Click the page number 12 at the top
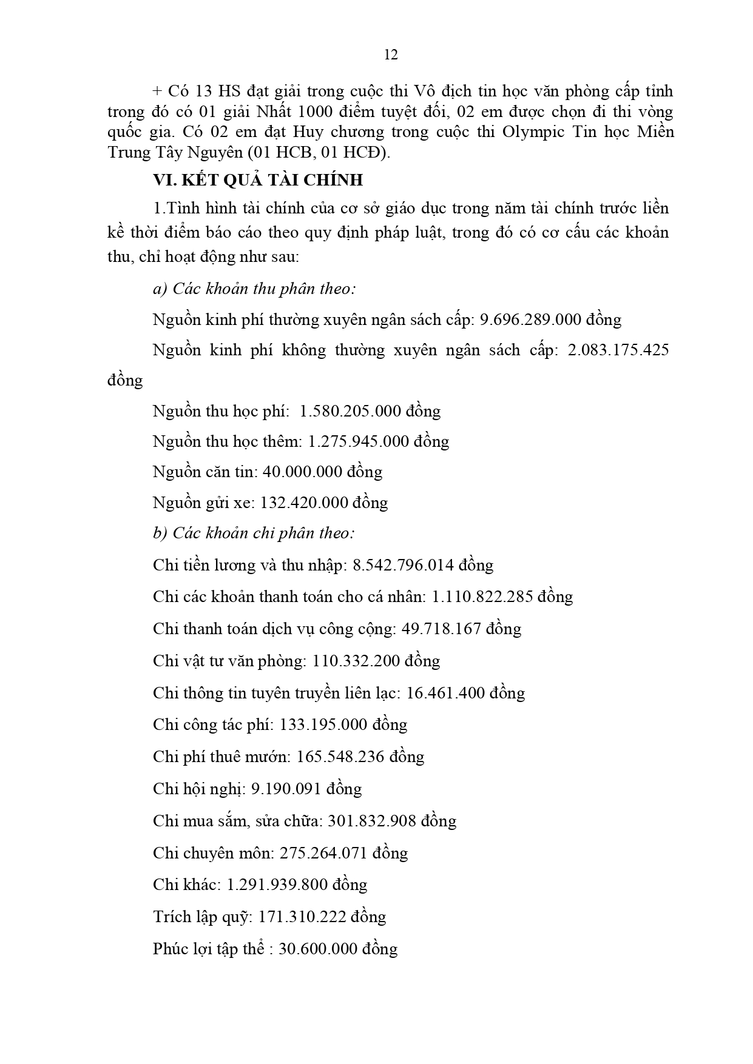(x=391, y=55)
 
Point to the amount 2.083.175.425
(x=618, y=350)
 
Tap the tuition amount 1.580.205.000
(x=350, y=411)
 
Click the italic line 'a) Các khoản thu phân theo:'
(x=254, y=289)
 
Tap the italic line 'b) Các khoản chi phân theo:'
(x=254, y=533)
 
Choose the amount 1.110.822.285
(x=482, y=597)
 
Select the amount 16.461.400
(x=445, y=693)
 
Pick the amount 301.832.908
(x=371, y=821)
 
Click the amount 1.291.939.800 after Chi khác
(x=277, y=885)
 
